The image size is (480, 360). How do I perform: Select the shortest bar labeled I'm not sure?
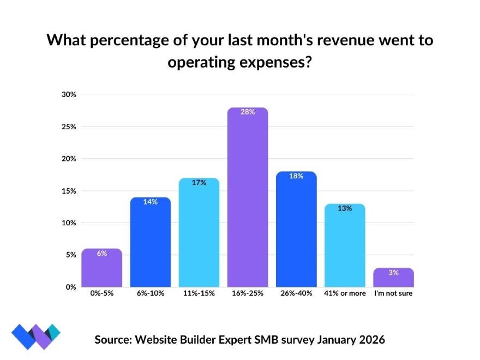(x=394, y=278)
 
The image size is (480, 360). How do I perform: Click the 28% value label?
(x=248, y=112)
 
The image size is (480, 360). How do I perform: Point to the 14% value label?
(x=151, y=202)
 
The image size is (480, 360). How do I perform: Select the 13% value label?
(x=345, y=208)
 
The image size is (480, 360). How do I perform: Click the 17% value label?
(x=199, y=183)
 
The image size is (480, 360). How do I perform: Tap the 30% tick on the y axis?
(x=69, y=94)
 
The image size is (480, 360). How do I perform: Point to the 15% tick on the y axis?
(x=69, y=191)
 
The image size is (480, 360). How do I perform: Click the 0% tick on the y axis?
(x=71, y=287)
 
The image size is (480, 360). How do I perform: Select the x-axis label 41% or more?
(x=345, y=293)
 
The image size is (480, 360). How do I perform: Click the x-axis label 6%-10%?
(x=151, y=293)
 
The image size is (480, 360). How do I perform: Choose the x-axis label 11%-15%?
(x=199, y=293)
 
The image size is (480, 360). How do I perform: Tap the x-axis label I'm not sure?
(x=394, y=293)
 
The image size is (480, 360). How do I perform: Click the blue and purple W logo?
(x=35, y=335)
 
